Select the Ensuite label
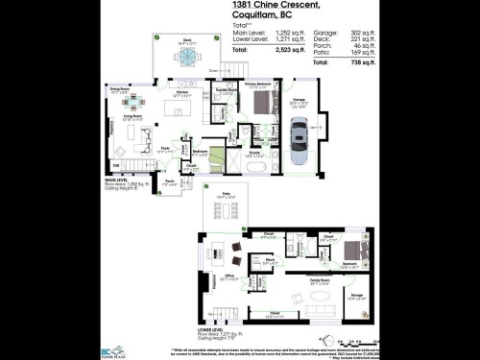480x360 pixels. pos(256,151)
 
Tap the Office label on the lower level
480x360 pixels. pos(228,276)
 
